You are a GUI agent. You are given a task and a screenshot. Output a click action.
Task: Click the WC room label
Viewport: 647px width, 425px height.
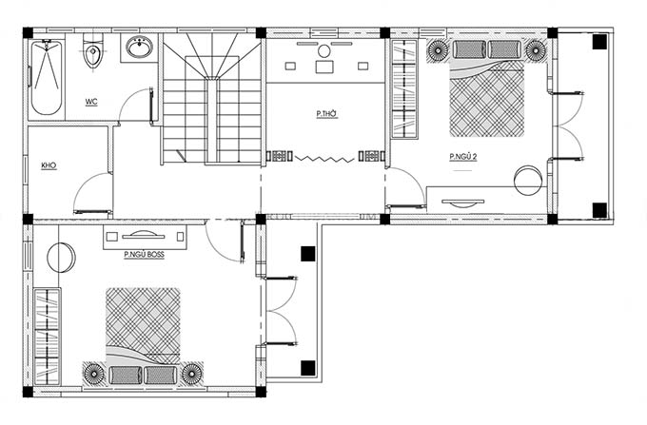pos(91,102)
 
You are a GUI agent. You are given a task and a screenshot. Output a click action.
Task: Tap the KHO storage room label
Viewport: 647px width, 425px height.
pos(49,165)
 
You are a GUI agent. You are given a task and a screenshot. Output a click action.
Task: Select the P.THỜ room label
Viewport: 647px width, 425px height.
pos(326,114)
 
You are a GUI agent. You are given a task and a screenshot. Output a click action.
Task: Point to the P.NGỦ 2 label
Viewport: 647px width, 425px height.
pos(463,157)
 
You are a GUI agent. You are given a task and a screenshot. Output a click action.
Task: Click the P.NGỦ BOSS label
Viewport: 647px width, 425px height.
pos(144,255)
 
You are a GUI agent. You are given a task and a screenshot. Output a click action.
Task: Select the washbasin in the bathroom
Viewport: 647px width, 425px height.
pos(140,48)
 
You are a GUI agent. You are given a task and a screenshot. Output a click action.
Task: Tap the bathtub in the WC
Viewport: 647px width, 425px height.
pos(47,77)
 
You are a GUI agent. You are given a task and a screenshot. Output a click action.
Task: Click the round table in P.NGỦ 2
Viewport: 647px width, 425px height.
pos(528,180)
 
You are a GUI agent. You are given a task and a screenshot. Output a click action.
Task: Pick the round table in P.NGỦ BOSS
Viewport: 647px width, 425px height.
pos(62,258)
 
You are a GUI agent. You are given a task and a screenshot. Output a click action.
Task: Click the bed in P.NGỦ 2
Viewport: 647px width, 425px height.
pos(487,88)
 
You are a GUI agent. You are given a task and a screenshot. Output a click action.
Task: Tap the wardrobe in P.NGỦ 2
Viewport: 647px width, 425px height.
pos(404,89)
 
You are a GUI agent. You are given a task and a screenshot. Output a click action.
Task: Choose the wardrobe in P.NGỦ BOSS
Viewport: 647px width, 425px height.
pos(47,337)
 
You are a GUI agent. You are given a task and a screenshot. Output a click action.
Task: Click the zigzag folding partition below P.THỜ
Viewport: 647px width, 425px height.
pos(324,158)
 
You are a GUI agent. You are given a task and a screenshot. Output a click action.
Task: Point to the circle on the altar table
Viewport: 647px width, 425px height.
pos(324,51)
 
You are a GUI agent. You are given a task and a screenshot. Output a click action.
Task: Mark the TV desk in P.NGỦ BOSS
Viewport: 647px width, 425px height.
pos(145,237)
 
